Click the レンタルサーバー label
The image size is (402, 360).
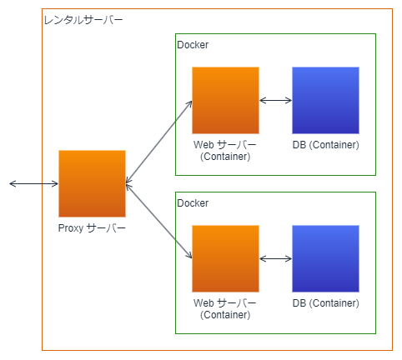(83, 20)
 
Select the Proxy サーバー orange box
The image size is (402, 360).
(92, 183)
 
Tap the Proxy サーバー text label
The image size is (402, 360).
(92, 228)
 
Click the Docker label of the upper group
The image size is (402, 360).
(193, 45)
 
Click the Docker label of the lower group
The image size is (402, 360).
(193, 203)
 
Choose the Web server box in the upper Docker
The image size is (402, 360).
(225, 100)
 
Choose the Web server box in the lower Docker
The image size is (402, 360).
(225, 258)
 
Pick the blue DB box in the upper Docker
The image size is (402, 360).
(325, 100)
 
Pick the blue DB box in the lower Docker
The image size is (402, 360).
(325, 258)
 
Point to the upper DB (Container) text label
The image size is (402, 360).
(326, 145)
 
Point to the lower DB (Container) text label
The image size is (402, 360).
(326, 303)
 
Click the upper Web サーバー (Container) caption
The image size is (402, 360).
(225, 151)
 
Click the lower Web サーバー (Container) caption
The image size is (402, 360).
(225, 309)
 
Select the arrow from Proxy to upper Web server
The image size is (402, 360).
(158, 142)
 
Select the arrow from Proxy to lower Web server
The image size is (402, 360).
(158, 221)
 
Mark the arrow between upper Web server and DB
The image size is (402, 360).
(275, 100)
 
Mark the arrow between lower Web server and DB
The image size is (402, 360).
(275, 258)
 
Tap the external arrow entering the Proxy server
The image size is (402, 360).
(33, 183)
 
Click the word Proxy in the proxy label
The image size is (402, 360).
(71, 228)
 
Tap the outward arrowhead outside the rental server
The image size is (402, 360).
(13, 183)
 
